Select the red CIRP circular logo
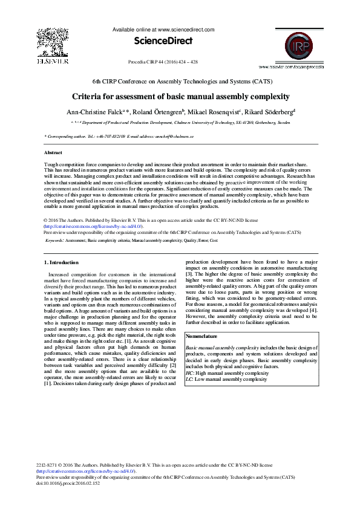[x=291, y=44]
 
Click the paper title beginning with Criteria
[x=181, y=97]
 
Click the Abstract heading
[x=54, y=153]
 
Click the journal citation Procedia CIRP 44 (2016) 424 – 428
[x=163, y=62]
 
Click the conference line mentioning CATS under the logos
[x=182, y=81]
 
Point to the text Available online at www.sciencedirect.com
[x=163, y=29]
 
